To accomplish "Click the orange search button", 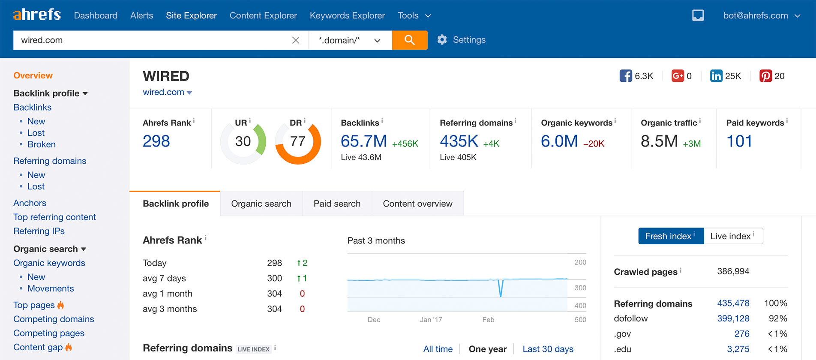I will click(x=409, y=40).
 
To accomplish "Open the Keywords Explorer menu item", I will click(x=347, y=15).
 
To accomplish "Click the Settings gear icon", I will click(x=442, y=40).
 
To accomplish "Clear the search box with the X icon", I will click(x=296, y=40).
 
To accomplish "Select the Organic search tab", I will click(x=261, y=204).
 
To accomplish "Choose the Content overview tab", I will click(x=417, y=204).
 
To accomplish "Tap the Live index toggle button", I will click(x=732, y=236).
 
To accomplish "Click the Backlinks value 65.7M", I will click(x=363, y=141).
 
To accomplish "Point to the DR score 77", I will click(x=297, y=141).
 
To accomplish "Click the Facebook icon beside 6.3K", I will click(x=625, y=76).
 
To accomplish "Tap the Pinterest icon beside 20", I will click(x=765, y=76).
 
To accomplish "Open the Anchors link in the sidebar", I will click(x=30, y=203).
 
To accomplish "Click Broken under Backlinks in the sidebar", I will click(x=41, y=144).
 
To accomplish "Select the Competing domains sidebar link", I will click(x=54, y=319).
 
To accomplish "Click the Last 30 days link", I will click(x=548, y=349).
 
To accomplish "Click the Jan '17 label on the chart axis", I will click(x=431, y=320).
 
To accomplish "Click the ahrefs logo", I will click(x=37, y=15).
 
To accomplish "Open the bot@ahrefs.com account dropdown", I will click(x=761, y=15).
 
